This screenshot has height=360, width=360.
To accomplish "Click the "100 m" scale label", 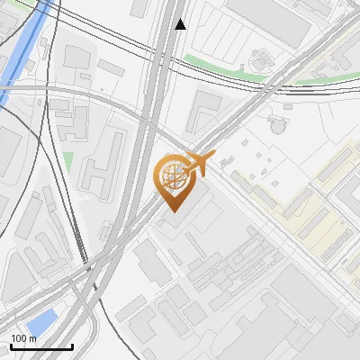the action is click(23, 338).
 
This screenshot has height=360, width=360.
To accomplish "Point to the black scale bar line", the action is click(41, 346).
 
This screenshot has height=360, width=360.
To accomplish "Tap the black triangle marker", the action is click(181, 24).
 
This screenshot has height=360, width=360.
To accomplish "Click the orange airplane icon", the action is click(198, 163).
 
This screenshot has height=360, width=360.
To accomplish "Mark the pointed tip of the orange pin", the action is click(174, 210).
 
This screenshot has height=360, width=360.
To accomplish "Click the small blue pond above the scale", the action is click(42, 321).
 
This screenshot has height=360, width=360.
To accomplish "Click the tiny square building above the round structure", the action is click(288, 107).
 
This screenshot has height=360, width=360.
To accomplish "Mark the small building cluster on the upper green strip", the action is click(261, 61).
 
